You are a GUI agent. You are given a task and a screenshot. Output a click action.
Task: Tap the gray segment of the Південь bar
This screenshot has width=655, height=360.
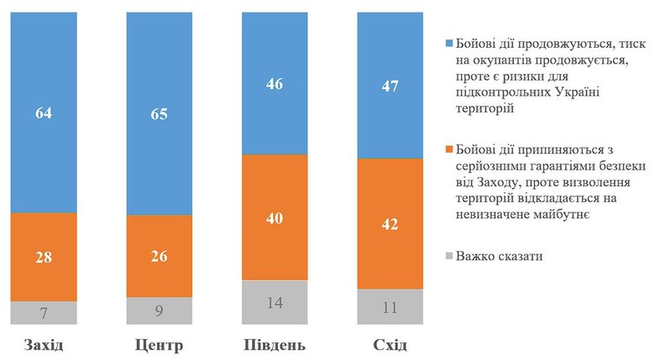(x=275, y=302)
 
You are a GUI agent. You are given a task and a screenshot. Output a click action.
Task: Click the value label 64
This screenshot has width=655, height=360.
(x=44, y=113)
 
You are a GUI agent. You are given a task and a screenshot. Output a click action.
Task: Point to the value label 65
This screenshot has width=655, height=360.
(x=160, y=115)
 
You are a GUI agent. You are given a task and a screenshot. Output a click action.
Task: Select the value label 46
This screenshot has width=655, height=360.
(x=275, y=84)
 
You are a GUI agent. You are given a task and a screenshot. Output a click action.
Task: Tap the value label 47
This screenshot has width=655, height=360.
(x=390, y=86)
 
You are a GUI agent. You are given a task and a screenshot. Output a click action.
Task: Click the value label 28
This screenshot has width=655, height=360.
(x=44, y=257)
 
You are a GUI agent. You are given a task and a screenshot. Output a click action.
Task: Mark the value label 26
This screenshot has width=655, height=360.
(x=160, y=256)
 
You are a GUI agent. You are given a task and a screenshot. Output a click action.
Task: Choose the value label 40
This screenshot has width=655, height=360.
(x=275, y=217)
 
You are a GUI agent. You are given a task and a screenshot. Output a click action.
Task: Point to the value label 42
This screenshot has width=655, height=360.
(x=390, y=223)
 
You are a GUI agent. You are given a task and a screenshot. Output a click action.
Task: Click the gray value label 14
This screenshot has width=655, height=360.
(x=275, y=303)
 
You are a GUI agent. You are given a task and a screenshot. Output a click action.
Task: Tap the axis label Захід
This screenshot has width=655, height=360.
(x=43, y=346)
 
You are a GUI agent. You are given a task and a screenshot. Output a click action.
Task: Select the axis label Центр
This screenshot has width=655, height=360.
(x=159, y=346)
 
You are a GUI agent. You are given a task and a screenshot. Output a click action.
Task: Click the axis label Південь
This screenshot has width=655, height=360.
(x=275, y=346)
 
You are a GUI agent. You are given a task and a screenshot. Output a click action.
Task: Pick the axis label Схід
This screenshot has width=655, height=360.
(x=390, y=346)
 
